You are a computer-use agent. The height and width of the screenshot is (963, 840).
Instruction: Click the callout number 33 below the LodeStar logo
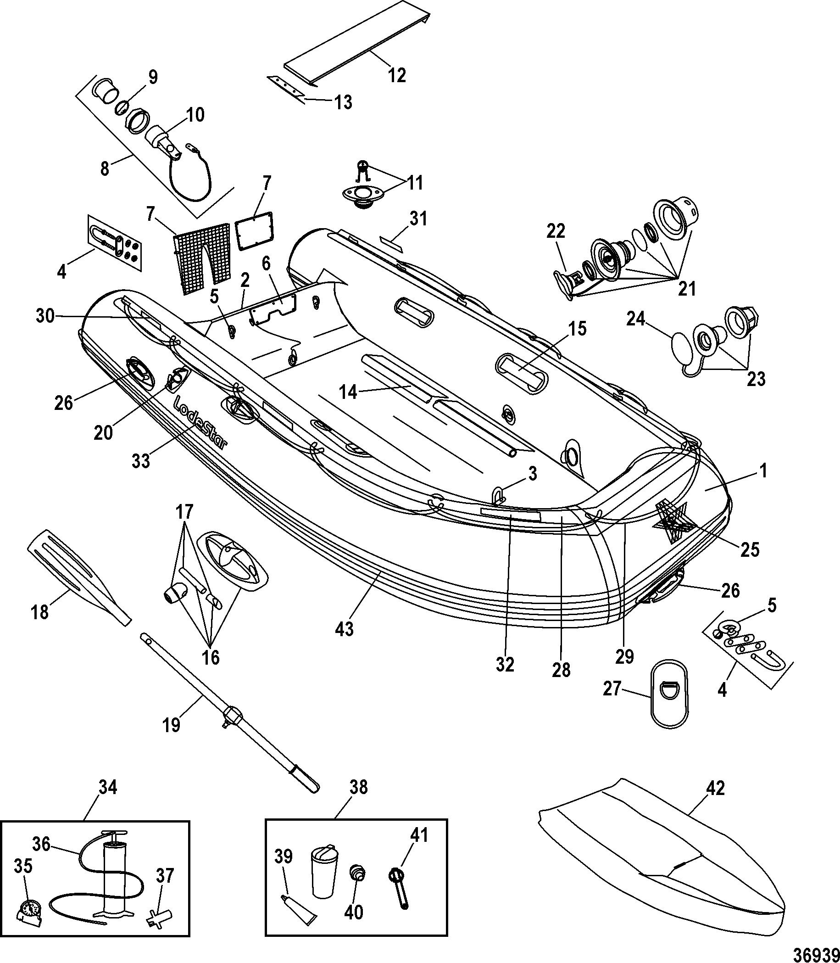pyautogui.click(x=141, y=461)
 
